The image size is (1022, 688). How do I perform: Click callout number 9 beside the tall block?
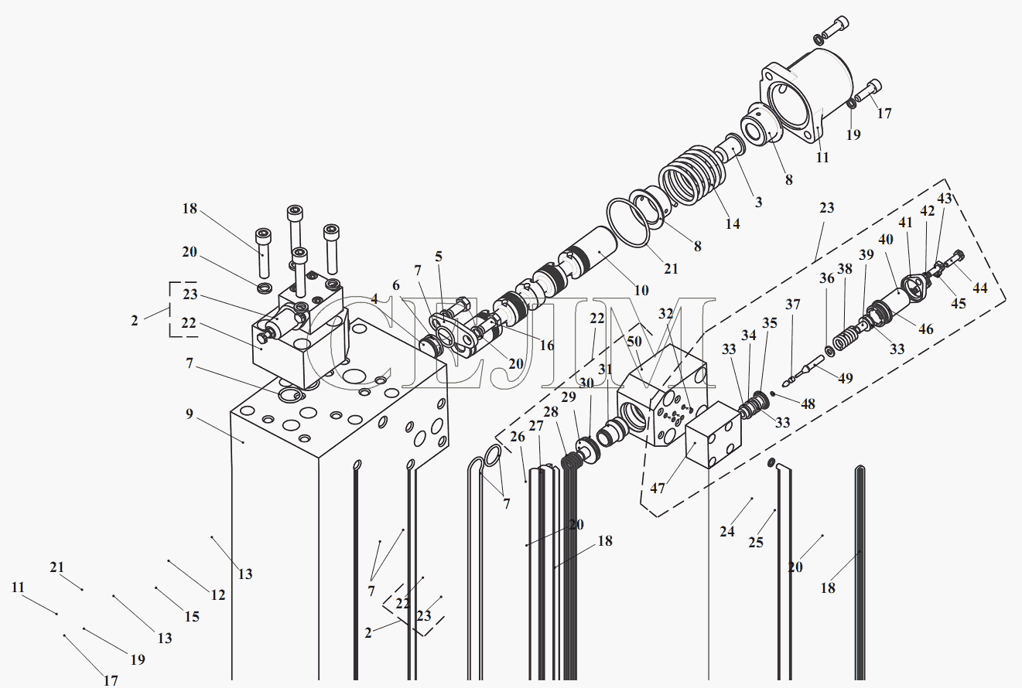[x=189, y=414]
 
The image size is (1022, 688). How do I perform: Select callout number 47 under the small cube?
[x=657, y=489]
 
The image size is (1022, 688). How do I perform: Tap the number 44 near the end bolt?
[x=979, y=288]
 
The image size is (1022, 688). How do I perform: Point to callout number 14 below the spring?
[x=732, y=223]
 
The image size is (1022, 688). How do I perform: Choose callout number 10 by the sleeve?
[x=641, y=291]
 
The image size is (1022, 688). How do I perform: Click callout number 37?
[x=792, y=305]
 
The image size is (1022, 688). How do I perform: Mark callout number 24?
[x=726, y=531]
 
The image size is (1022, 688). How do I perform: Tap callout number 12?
[x=217, y=594]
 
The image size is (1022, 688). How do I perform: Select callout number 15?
[x=191, y=616]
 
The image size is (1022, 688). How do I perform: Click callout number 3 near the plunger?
[x=758, y=202]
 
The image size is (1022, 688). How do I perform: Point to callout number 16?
[x=547, y=346]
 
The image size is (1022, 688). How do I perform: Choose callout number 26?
[x=518, y=438]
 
